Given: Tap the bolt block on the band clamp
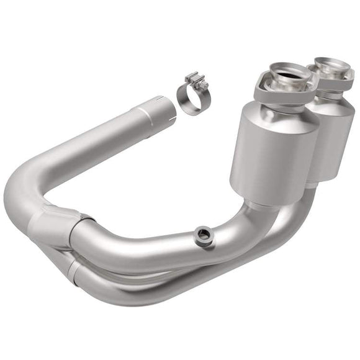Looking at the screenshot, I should (197, 81).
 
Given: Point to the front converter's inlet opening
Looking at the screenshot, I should (287, 78).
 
